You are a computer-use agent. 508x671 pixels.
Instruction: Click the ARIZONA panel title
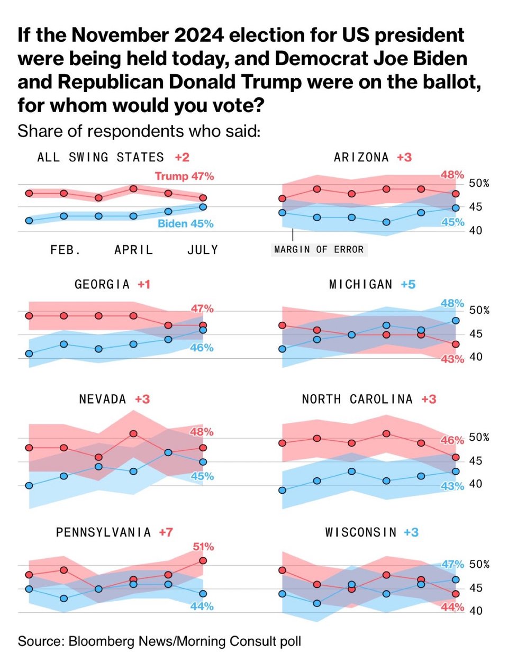pos(361,157)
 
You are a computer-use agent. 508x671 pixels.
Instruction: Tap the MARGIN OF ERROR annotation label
pos(319,249)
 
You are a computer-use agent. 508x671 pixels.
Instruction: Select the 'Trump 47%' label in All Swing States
pos(184,176)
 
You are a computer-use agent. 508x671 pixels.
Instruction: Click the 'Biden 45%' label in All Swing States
pos(185,224)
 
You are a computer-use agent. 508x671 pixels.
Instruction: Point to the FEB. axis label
pos(66,250)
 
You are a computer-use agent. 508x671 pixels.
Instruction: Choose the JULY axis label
pos(203,250)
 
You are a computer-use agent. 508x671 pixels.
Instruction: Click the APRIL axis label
pos(133,250)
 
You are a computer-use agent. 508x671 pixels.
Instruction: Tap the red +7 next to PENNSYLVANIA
pos(166,532)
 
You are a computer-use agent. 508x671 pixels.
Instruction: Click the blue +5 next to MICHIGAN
pos(408,285)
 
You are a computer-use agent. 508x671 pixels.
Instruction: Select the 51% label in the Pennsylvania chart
pos(203,547)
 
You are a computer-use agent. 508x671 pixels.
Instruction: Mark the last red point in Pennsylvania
pos(203,560)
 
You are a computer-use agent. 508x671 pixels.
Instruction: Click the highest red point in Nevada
pos(133,433)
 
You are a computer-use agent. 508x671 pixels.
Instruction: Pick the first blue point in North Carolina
pos(282,490)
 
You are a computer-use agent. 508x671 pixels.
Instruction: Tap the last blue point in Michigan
pos(456,320)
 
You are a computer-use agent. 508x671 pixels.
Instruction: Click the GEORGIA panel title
pos(102,285)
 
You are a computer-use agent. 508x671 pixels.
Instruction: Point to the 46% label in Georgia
pos(202,348)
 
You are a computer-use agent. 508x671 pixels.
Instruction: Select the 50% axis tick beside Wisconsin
pos(479,565)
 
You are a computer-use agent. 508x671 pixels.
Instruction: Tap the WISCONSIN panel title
pos(361,532)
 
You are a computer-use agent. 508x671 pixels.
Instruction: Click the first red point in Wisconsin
pos(282,570)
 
